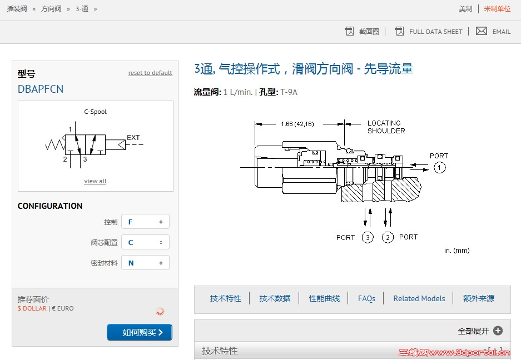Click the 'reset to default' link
pos(150,73)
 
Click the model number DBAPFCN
pos(41,89)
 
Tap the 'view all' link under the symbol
pos(95,181)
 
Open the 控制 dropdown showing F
pos(145,222)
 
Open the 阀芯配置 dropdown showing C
pos(145,242)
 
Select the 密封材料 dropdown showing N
pos(145,263)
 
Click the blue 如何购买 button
pos(140,332)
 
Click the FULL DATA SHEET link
pos(435,32)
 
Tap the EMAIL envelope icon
pos(482,31)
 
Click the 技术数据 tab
pos(275,298)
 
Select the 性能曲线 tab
pos(324,298)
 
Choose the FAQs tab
pos(366,298)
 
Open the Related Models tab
pos(419,298)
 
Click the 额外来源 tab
pos(478,298)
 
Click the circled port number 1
pos(440,167)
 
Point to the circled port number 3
pos(368,237)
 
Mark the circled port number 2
pos(388,237)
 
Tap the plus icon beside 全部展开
pos(498,331)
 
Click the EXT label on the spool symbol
pos(133,138)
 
